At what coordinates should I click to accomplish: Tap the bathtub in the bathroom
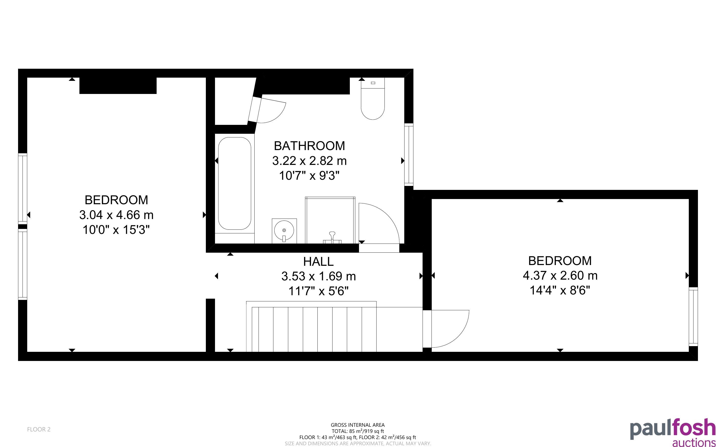235,183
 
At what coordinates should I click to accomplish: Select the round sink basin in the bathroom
284,230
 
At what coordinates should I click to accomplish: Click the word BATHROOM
309,146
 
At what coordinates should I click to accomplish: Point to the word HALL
318,261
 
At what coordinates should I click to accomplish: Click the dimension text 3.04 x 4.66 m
117,215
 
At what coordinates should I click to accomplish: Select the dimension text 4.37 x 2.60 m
560,275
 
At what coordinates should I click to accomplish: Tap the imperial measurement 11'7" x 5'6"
318,291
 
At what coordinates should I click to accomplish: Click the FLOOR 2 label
39,429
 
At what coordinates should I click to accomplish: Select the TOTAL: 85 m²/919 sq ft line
358,431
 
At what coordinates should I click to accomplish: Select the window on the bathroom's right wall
409,155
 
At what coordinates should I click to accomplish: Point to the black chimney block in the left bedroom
118,86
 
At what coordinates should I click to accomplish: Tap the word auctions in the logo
694,443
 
